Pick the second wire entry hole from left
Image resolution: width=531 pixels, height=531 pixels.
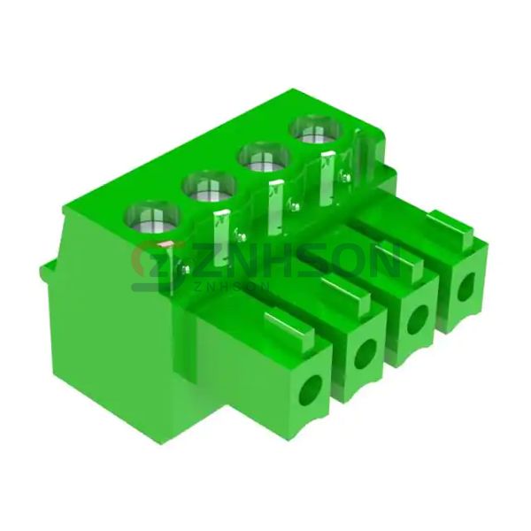(365, 353)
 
